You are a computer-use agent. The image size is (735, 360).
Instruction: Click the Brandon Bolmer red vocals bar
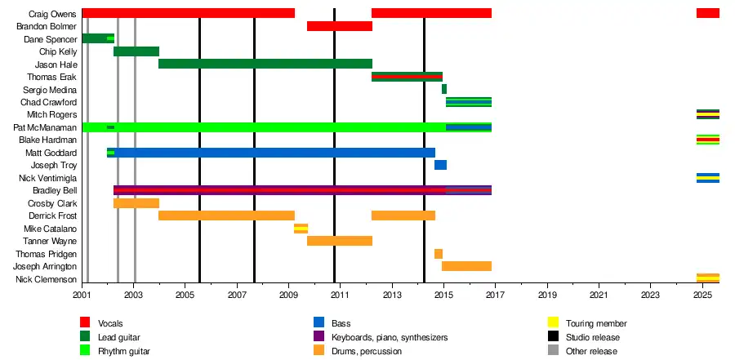[x=339, y=26]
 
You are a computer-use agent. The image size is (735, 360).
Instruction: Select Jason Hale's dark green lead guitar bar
[x=265, y=64]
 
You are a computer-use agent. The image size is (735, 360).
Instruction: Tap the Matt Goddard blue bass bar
[x=274, y=153]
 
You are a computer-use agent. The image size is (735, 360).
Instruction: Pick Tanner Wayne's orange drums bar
[x=339, y=241]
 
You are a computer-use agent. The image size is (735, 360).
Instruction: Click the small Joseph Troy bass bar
[x=440, y=165]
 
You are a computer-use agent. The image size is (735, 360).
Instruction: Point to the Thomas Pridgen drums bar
[x=439, y=254]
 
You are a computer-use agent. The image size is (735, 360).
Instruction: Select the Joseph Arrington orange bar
[x=466, y=266]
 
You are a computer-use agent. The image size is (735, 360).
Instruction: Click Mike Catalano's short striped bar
[x=301, y=229]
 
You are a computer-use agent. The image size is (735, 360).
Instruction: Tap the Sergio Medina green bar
[x=444, y=89]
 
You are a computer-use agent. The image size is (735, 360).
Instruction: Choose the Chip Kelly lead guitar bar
[x=136, y=51]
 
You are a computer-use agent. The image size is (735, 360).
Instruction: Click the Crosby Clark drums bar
[x=136, y=203]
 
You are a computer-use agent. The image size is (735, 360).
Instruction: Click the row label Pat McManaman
[x=46, y=127]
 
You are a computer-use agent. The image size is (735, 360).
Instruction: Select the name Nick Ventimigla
[x=47, y=178]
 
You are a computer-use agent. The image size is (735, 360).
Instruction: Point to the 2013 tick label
[x=393, y=294]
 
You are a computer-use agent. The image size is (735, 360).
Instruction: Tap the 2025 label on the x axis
[x=703, y=294]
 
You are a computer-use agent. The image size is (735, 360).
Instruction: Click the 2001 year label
[x=82, y=294]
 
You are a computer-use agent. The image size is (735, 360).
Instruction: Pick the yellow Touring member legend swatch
[x=553, y=323]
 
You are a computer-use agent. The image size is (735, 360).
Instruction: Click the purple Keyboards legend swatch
[x=318, y=337]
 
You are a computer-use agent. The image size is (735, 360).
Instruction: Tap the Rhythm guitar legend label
[x=123, y=351]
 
